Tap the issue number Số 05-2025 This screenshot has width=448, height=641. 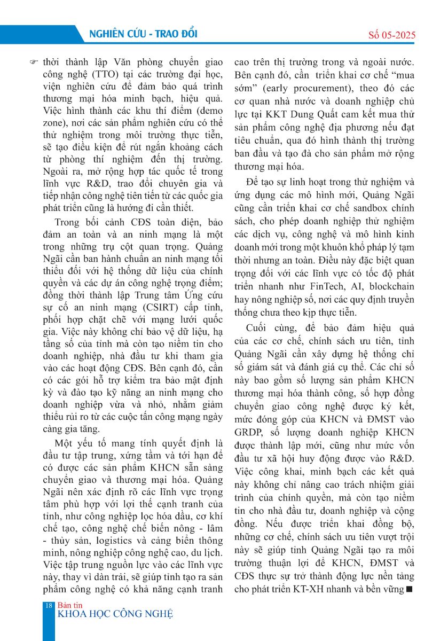392,36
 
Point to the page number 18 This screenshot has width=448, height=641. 49,605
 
